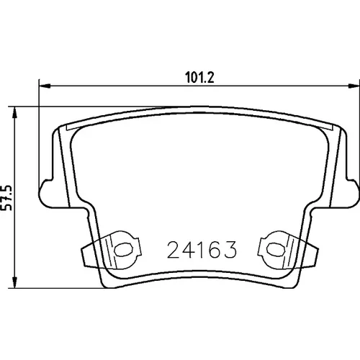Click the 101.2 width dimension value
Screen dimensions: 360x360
click(199, 77)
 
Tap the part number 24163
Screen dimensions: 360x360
click(202, 250)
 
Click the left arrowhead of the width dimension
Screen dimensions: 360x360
click(45, 86)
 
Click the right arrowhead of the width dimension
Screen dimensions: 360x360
click(354, 86)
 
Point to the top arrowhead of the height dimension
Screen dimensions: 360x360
click(15, 112)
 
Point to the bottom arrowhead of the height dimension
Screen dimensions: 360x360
click(15, 282)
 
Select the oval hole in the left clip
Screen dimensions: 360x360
click(123, 250)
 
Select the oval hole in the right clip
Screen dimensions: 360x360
click(276, 250)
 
